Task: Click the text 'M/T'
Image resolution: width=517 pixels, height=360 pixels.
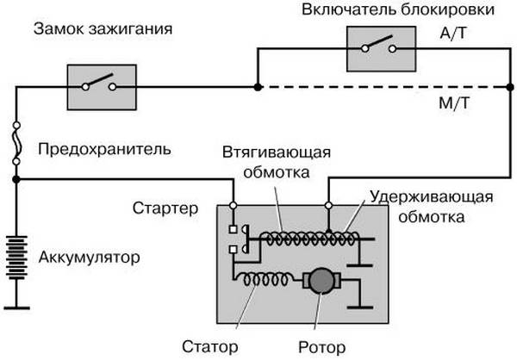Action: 453,104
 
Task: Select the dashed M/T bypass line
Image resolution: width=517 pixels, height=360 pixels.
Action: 379,86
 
